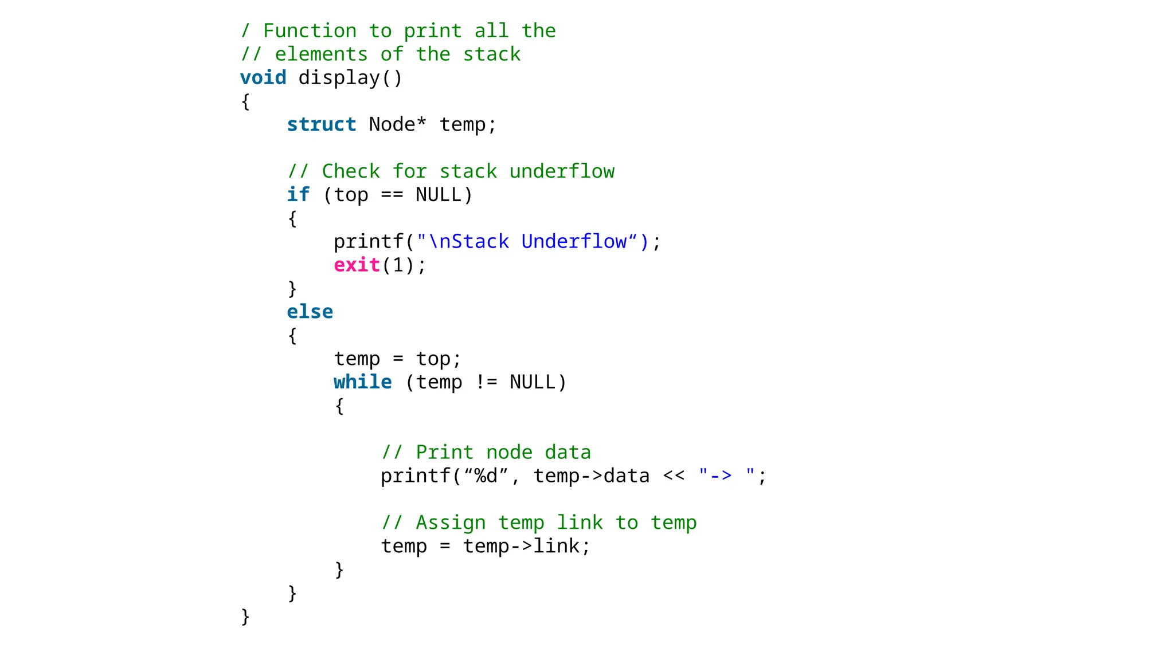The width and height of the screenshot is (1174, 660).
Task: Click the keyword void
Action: point(263,77)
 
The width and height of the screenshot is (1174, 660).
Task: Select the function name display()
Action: point(350,77)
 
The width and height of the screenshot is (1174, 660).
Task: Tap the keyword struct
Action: point(322,124)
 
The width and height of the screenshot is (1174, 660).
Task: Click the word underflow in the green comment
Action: point(562,171)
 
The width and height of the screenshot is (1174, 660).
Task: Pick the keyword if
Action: point(298,195)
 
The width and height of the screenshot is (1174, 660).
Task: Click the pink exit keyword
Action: point(357,265)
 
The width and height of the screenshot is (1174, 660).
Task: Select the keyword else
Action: point(310,312)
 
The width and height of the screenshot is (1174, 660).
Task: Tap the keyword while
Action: point(362,382)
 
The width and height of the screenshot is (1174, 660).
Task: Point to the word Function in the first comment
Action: point(310,30)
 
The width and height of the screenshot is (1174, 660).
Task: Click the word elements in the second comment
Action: point(321,54)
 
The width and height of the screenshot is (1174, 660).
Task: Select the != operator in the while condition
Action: point(486,382)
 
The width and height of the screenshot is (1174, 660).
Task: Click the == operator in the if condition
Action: point(392,195)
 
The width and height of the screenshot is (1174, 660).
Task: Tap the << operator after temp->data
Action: point(674,476)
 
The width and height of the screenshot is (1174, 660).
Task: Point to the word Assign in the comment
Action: point(451,522)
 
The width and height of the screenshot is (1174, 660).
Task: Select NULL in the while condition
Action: point(533,382)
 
